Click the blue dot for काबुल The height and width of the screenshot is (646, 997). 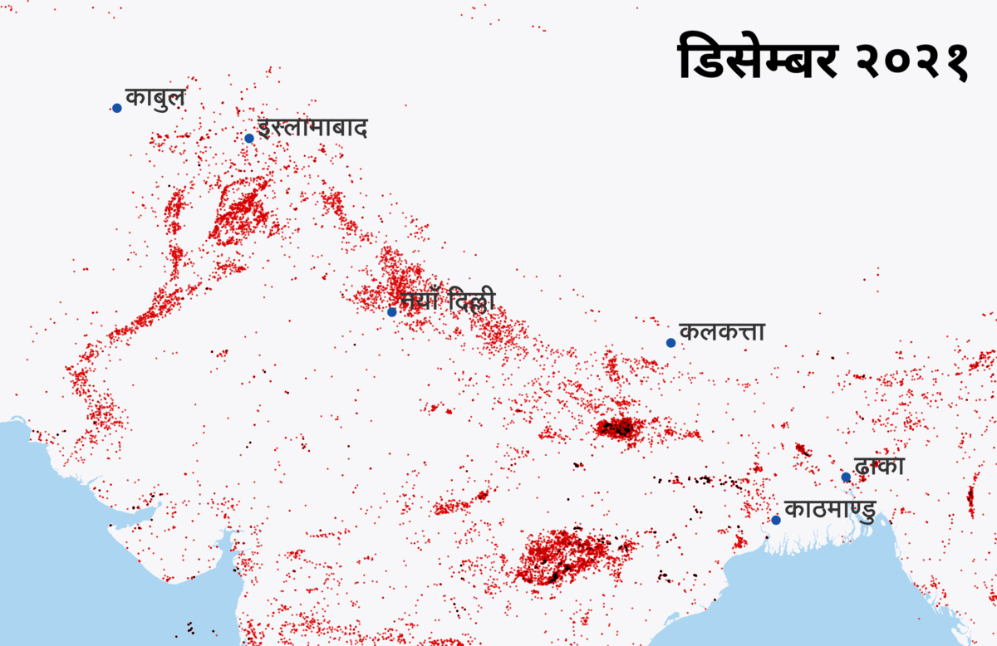[x=117, y=108]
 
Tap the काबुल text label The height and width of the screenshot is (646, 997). [x=155, y=97]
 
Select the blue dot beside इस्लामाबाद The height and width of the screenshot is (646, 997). [x=249, y=138]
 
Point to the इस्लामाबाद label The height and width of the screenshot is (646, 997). [x=312, y=129]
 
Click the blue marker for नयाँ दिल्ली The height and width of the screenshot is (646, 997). [x=392, y=312]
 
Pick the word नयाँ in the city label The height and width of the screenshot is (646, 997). [x=420, y=301]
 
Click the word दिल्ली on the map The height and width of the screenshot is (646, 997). [x=471, y=301]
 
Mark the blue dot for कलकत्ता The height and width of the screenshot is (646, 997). [x=670, y=343]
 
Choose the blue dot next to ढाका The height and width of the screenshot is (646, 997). [x=846, y=477]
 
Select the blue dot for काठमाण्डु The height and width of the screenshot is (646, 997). [x=776, y=520]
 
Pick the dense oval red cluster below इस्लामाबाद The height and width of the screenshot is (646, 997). [x=243, y=212]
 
